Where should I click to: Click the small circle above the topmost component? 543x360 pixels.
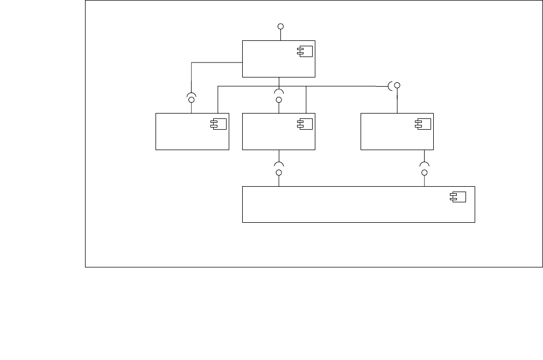(x=280, y=26)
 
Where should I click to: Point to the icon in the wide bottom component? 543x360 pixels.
(x=458, y=197)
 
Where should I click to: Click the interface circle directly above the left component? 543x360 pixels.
(x=191, y=100)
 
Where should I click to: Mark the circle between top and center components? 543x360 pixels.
(x=279, y=100)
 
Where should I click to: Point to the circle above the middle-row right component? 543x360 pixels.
(x=397, y=86)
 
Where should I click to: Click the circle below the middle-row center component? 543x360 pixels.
(x=279, y=173)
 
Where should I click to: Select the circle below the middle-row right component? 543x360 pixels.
(x=424, y=173)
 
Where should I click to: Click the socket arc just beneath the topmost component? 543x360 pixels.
(x=279, y=91)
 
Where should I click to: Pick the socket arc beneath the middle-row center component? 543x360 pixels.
(x=279, y=164)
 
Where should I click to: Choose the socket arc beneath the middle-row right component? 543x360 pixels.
(x=424, y=164)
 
